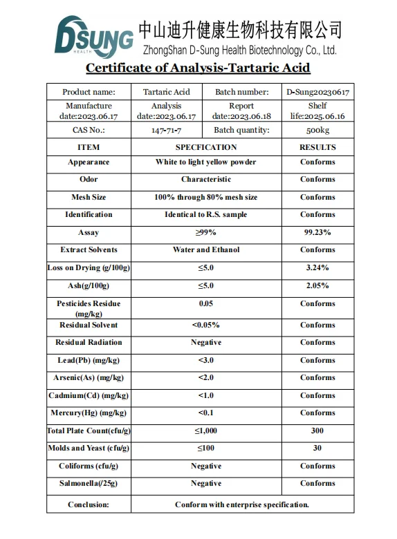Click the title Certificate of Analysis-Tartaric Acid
198,68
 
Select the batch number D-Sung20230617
317,92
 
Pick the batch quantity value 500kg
317,130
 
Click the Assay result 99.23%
317,233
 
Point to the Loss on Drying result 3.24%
317,267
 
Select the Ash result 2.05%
317,285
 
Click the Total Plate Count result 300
317,431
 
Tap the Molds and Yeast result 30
317,448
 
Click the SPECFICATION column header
206,147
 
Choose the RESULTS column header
317,147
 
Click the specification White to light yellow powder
206,162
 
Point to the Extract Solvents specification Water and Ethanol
206,250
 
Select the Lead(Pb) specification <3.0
206,360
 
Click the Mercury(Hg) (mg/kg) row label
89,413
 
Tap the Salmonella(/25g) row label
89,483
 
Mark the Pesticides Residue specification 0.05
206,303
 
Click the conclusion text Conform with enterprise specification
242,504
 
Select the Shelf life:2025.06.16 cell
317,111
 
